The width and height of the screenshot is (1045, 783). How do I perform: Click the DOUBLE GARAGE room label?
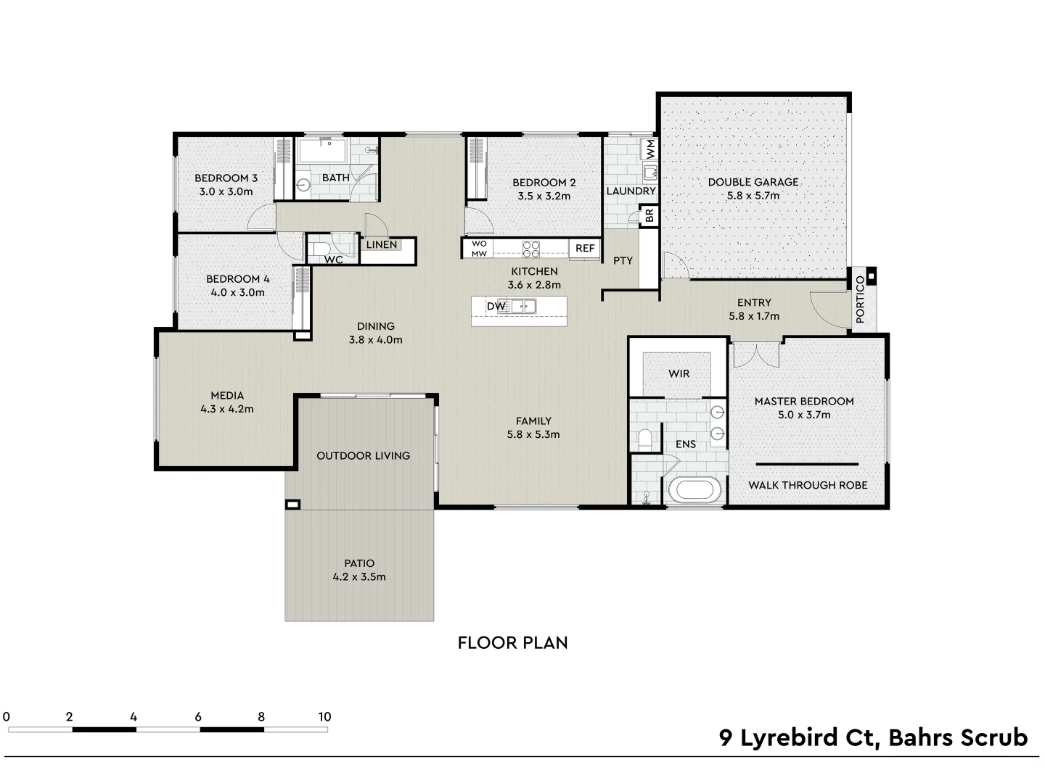(x=753, y=182)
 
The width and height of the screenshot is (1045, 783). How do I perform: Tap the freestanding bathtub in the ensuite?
(x=696, y=490)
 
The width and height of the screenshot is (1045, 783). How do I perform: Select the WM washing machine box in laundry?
(x=650, y=150)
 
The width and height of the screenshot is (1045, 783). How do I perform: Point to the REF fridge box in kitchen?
(x=585, y=248)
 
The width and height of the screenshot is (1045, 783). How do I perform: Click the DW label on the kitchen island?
(x=496, y=307)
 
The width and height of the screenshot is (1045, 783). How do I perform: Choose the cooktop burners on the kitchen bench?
(x=531, y=249)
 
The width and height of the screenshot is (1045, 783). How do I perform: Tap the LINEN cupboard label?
(x=382, y=245)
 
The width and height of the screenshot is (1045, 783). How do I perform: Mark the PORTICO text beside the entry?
(x=860, y=299)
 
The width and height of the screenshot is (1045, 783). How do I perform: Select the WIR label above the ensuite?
(x=679, y=373)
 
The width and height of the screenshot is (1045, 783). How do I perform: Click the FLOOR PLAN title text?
(x=512, y=642)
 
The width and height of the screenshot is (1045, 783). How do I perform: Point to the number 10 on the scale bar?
(x=324, y=717)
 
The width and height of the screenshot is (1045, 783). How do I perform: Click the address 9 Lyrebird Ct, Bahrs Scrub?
(x=873, y=737)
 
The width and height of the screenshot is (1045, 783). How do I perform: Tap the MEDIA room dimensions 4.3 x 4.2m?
(x=227, y=409)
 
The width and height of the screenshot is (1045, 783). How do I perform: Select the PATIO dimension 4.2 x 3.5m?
(x=359, y=577)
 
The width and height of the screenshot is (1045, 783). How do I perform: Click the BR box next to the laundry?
(x=649, y=216)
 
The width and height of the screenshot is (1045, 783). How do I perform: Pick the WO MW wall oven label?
(x=479, y=249)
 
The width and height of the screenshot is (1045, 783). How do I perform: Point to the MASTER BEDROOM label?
(x=803, y=401)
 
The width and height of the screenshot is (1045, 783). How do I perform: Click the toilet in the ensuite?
(x=644, y=439)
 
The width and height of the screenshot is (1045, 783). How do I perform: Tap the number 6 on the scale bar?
(x=197, y=717)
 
